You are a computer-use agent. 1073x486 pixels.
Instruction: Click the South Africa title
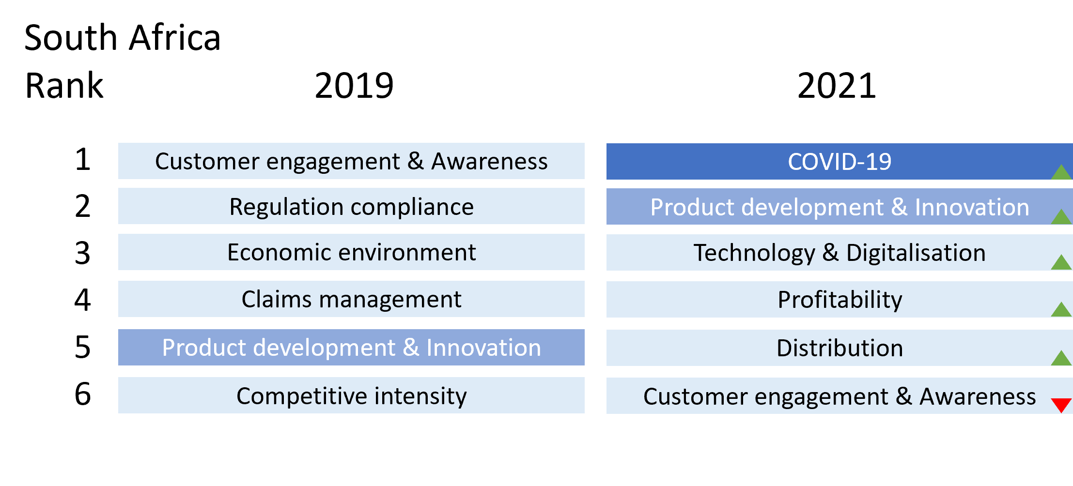123,38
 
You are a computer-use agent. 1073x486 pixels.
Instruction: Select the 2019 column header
354,86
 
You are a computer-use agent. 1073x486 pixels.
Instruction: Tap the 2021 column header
837,86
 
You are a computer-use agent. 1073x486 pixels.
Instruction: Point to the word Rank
64,86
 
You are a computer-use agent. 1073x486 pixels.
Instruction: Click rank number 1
83,159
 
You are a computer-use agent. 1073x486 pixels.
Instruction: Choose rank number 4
83,300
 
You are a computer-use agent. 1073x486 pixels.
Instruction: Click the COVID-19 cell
840,161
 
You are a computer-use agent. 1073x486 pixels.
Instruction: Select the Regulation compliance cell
351,206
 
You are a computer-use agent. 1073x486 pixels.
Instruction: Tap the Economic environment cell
351,252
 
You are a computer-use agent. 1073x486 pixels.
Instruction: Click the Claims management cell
351,299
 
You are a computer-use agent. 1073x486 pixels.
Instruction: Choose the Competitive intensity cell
351,395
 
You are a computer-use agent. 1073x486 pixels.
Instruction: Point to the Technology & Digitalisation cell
840,253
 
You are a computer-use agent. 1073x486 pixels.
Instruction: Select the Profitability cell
840,300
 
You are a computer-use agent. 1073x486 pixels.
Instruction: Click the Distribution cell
840,348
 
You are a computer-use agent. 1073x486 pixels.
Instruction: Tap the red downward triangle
1061,404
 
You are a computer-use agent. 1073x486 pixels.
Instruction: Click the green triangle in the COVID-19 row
1061,173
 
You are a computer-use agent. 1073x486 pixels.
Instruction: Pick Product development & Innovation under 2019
351,348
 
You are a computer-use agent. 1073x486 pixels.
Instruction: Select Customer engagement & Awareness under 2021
840,396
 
